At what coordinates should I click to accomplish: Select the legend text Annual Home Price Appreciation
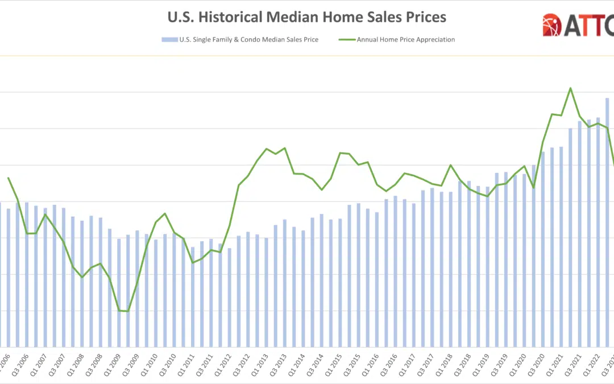(405, 40)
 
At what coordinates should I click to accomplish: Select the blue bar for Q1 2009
(119, 293)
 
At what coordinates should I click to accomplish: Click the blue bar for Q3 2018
(469, 264)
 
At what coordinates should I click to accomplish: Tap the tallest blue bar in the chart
(607, 222)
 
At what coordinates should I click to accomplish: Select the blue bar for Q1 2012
(230, 298)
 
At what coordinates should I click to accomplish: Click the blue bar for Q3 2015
(358, 275)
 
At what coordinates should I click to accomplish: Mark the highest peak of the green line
(570, 88)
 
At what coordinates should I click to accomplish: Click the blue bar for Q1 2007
(36, 276)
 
